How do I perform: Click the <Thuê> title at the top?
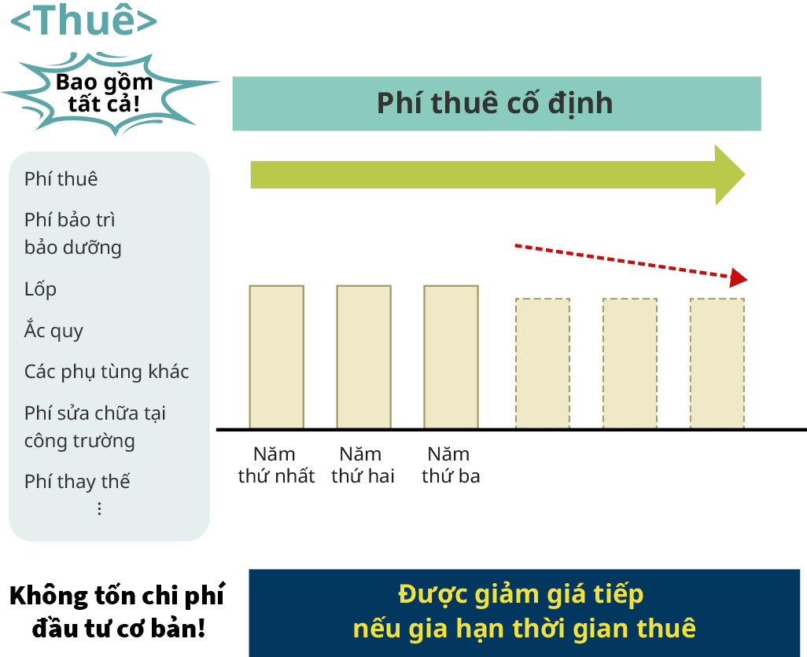point(83,21)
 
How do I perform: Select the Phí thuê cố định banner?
point(496,104)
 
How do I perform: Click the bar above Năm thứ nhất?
point(277,356)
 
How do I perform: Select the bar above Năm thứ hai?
point(363,356)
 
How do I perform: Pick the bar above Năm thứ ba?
point(451,356)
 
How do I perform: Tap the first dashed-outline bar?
point(543,363)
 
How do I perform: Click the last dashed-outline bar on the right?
point(717,363)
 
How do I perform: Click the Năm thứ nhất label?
point(276,464)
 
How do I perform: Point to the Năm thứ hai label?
point(363,464)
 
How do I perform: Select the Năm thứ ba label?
point(451,464)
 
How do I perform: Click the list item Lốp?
point(41,289)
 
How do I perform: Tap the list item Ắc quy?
point(53,331)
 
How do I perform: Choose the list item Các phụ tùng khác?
point(107,372)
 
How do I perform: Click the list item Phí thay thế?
point(77,482)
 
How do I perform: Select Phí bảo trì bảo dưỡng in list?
point(73,233)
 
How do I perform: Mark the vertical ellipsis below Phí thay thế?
point(99,508)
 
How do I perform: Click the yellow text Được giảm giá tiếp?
point(521,594)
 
